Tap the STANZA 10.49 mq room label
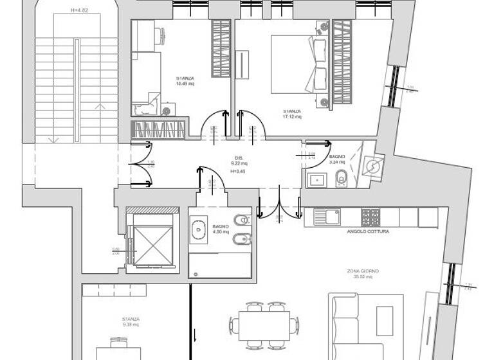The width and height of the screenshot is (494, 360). click(x=185, y=82)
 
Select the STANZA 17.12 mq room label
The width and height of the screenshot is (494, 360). click(x=291, y=114)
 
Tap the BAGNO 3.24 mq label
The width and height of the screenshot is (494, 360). click(x=337, y=159)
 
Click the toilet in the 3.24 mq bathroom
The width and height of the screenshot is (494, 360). click(x=342, y=179)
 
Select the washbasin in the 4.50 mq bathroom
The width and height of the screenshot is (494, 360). click(x=199, y=228)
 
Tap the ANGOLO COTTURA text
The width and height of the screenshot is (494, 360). click(x=368, y=231)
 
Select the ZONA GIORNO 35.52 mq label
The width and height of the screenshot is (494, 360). click(x=362, y=274)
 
